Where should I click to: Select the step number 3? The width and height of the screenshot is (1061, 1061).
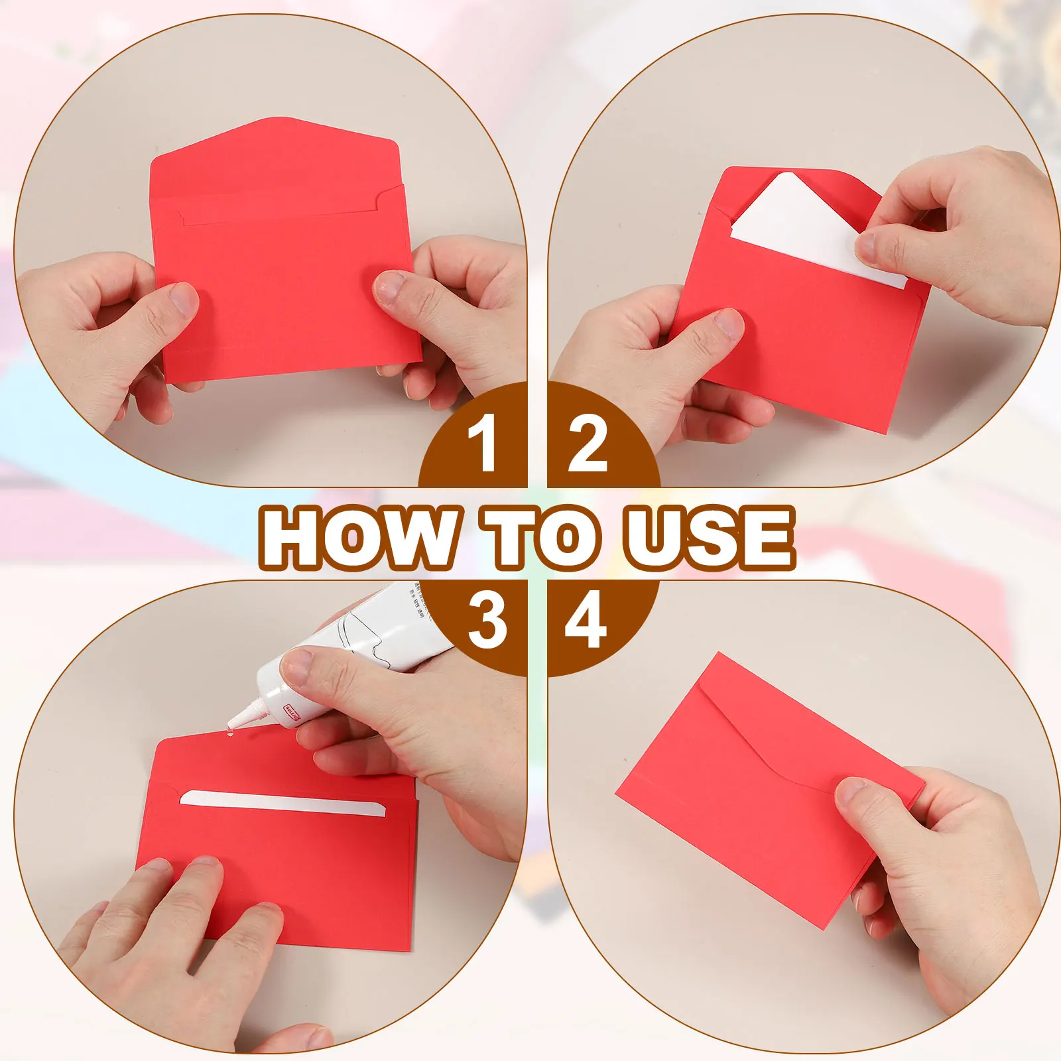(x=487, y=620)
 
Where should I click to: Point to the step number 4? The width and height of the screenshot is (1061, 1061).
(x=586, y=620)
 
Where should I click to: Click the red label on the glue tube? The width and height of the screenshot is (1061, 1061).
(x=292, y=708)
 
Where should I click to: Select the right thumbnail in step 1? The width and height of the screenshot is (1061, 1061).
(x=390, y=288)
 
